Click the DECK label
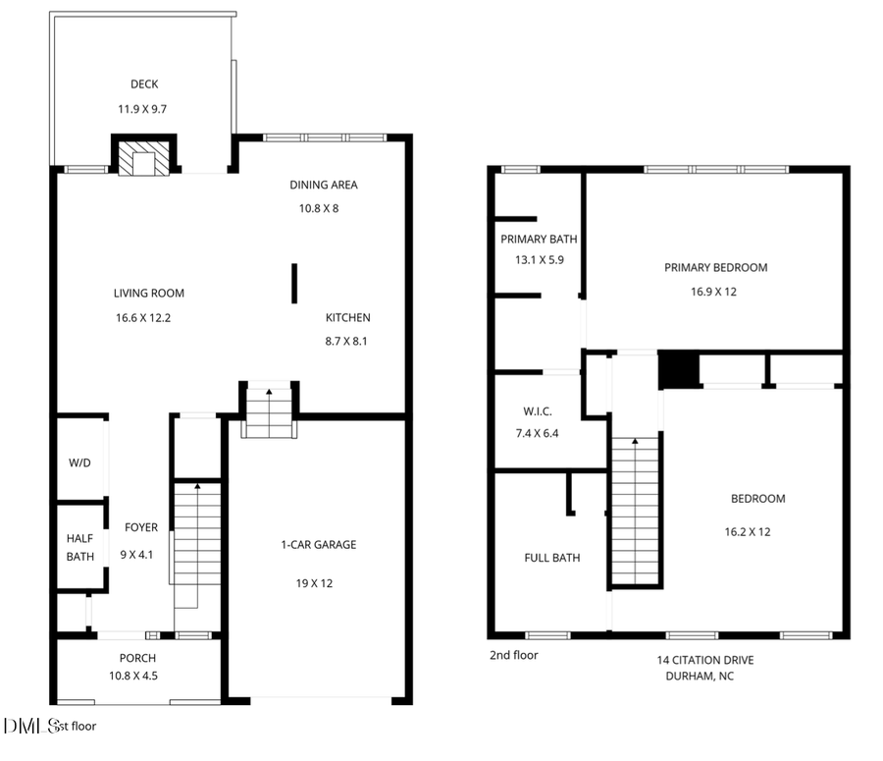144,84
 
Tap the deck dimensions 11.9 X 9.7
144,109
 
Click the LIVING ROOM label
148,293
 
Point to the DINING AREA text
323,185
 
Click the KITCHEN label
348,317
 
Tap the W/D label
79,462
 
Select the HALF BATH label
79,547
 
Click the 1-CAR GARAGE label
318,545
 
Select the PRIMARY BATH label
539,239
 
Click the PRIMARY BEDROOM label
715,267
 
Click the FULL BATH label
551,558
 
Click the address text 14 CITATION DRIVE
704,660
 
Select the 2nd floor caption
513,655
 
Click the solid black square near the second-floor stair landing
677,370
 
